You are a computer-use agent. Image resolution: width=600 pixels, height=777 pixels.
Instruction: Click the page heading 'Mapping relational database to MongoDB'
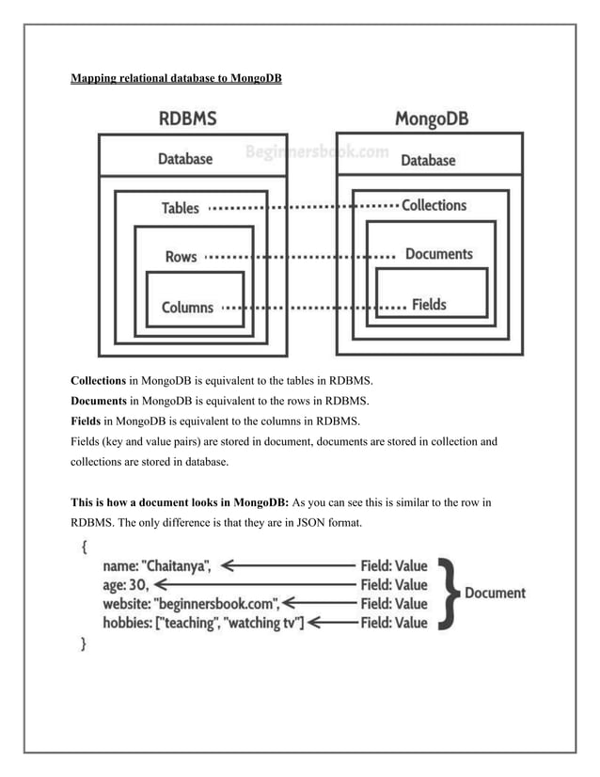point(176,78)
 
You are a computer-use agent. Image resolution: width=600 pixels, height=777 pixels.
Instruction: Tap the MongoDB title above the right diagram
point(432,119)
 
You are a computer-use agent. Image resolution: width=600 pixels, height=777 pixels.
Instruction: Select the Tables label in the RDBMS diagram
point(180,208)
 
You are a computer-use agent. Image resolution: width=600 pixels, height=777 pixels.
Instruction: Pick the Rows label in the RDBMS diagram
point(181,256)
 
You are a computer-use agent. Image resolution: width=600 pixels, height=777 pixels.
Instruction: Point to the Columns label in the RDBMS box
point(187,307)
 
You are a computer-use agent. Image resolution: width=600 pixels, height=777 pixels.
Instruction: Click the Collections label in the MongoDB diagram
point(434,205)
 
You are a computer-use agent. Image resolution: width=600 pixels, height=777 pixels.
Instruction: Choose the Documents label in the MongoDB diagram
point(438,254)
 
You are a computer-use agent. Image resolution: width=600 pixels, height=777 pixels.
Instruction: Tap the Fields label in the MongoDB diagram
point(429,304)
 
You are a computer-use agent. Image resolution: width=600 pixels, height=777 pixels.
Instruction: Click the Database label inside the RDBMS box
point(184,160)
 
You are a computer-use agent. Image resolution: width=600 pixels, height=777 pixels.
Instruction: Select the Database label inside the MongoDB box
point(428,160)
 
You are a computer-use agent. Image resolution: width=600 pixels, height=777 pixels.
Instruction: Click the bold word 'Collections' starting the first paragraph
point(99,381)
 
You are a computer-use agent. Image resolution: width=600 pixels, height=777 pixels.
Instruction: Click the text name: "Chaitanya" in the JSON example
point(157,566)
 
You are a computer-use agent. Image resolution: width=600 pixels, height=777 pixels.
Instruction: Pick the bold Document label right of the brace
point(495,594)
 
